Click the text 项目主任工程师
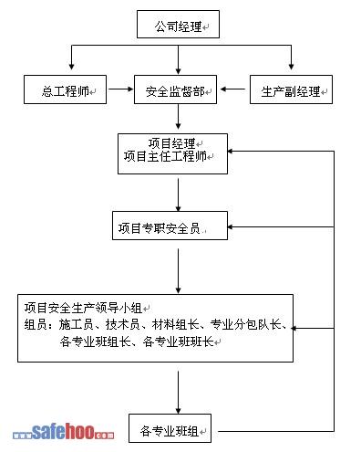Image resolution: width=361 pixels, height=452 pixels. [x=165, y=156]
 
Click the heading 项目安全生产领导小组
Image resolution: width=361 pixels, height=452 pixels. [x=83, y=308]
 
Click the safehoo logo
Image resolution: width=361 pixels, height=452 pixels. [x=63, y=432]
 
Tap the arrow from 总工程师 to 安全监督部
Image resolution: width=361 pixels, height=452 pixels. [x=121, y=89]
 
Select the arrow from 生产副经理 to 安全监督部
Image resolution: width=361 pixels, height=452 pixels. [x=232, y=89]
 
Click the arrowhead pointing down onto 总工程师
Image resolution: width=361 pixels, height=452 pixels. [x=71, y=67]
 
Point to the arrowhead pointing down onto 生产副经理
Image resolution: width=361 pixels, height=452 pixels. [x=291, y=67]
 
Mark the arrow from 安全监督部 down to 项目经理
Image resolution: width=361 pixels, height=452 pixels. [x=179, y=117]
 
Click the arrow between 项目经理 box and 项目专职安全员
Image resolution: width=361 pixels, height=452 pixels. [x=179, y=194]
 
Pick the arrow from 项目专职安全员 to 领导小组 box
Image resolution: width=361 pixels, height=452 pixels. [x=179, y=271]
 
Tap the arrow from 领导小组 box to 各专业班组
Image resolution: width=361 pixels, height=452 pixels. [x=179, y=393]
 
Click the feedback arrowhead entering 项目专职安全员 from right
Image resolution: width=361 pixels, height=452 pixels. [x=231, y=226]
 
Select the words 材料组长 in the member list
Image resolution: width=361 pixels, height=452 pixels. [x=176, y=324]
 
